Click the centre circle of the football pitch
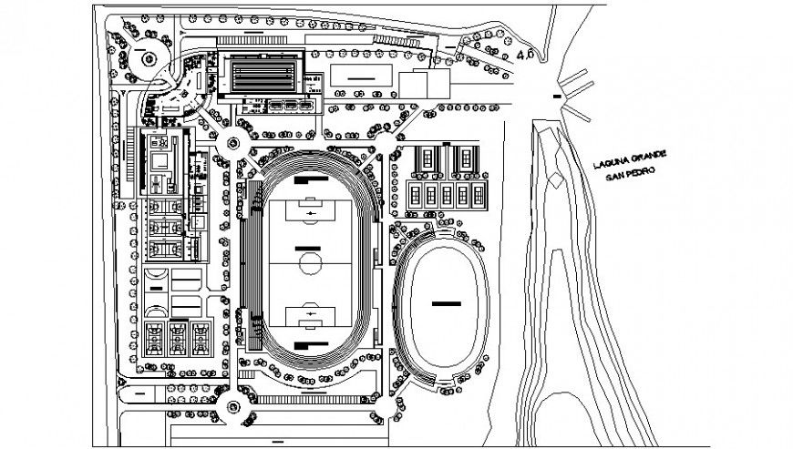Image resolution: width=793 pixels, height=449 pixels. (311, 265)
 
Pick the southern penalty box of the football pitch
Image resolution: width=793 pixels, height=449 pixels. (311, 317)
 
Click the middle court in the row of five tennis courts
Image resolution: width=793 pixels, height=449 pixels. (447, 193)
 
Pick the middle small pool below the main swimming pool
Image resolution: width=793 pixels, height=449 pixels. (291, 106)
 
